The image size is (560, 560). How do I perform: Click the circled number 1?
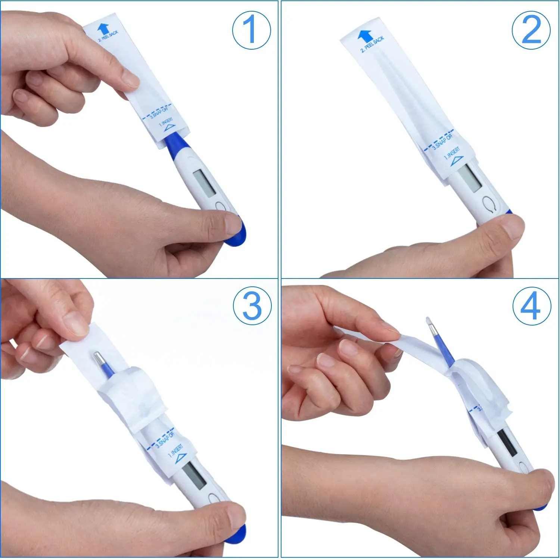[x=251, y=30]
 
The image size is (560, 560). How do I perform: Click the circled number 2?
[x=531, y=30]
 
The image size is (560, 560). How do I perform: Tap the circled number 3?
[x=252, y=306]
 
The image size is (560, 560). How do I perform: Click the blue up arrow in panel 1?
[x=103, y=29]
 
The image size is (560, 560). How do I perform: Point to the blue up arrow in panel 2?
[x=365, y=36]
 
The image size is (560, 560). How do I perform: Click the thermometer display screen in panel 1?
[x=204, y=183]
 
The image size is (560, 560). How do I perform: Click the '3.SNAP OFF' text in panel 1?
[x=159, y=112]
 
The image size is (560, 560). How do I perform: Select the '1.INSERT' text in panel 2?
[x=452, y=153]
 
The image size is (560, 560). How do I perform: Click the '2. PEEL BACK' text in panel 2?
[x=373, y=44]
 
